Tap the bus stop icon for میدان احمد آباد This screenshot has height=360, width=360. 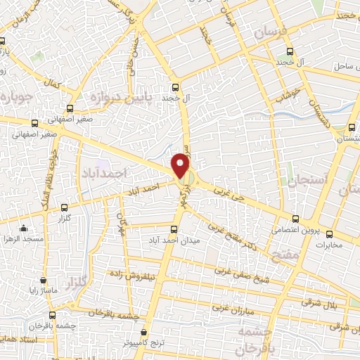click(x=175, y=229)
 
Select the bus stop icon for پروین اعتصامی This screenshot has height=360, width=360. click(x=296, y=219)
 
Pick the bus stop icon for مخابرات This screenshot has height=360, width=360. click(x=329, y=233)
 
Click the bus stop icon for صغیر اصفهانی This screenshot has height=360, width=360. click(x=69, y=108)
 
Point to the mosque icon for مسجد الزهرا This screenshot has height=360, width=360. click(x=25, y=228)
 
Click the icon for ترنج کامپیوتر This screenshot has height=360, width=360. click(x=143, y=331)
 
